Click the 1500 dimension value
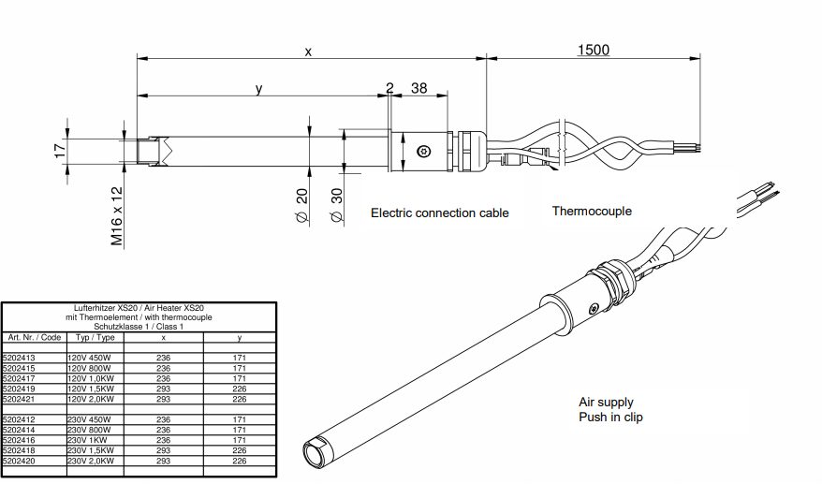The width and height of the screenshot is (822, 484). pos(594,50)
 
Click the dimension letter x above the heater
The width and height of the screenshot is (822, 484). pos(308,51)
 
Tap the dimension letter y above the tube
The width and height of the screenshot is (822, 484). pos(259,89)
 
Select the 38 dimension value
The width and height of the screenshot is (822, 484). pos(418,88)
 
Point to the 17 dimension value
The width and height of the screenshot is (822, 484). pos(61,151)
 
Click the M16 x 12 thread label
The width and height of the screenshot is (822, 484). pos(116,216)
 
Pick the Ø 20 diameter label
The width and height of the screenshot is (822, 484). pos(302,206)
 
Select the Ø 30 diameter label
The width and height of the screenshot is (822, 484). pos(336,206)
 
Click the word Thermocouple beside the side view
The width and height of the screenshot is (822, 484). pos(592,211)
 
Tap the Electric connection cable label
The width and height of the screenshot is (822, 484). pos(440,213)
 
